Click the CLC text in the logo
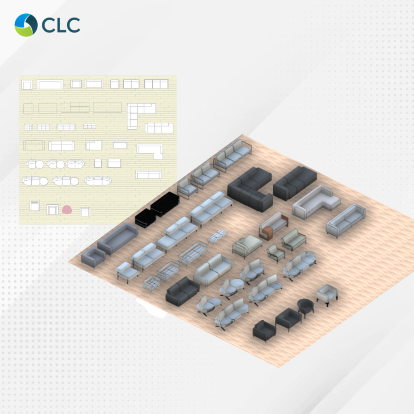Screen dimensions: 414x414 (61, 25)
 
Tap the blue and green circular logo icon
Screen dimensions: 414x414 (26, 25)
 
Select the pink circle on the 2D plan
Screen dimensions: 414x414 (67, 210)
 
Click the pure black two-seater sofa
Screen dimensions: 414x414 (165, 204)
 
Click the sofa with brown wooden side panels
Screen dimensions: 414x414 (274, 226)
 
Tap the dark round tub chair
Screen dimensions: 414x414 (305, 308)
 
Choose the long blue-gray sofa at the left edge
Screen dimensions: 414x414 (118, 238)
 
